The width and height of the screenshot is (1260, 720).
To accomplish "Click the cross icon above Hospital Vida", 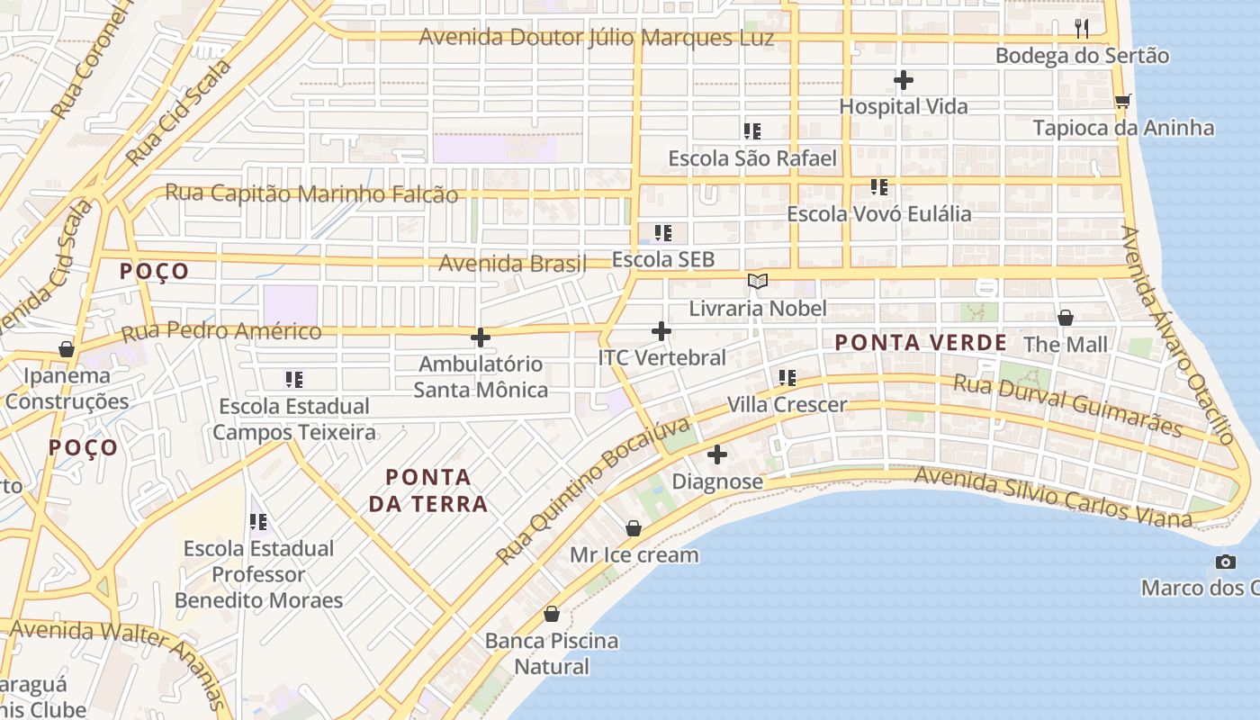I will tap(904, 80).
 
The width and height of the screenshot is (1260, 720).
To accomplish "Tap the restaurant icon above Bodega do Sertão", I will tap(1082, 29).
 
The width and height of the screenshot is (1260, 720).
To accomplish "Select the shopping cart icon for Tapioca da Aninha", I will tap(1122, 101).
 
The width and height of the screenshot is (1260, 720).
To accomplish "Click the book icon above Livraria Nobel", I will tap(758, 282).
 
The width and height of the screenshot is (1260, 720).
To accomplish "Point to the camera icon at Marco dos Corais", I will tap(1225, 562).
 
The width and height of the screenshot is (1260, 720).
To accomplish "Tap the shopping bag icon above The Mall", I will tap(1066, 318).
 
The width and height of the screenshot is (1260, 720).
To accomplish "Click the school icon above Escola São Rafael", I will tap(752, 131).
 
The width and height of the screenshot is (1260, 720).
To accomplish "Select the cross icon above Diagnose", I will tap(717, 454).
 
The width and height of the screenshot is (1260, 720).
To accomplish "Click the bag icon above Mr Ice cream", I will tap(634, 528).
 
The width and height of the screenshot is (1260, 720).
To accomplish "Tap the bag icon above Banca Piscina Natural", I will tap(552, 615).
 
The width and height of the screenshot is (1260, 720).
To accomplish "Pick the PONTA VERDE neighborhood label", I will tap(921, 343).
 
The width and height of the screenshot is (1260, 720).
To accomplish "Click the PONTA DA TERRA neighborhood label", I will tap(428, 490).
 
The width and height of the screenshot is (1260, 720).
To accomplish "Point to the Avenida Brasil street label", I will tap(511, 264).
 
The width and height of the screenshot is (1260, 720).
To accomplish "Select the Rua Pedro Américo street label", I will tap(220, 331).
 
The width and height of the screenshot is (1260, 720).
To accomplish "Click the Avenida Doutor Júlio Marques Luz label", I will tap(596, 38).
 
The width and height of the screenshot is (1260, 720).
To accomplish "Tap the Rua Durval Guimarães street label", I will tap(1066, 406).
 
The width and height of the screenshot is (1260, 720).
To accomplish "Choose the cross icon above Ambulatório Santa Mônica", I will tap(481, 338).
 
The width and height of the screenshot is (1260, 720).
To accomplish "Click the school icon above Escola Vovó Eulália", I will tap(879, 187).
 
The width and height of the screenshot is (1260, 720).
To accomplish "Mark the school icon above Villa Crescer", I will tap(787, 378).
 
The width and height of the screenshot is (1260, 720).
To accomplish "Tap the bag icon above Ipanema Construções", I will tap(67, 349).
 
